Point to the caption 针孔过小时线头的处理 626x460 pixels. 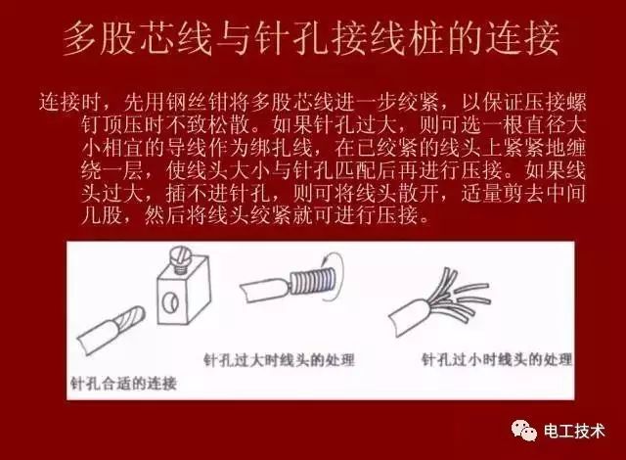(495, 360)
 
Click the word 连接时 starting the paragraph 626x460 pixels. (70, 102)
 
